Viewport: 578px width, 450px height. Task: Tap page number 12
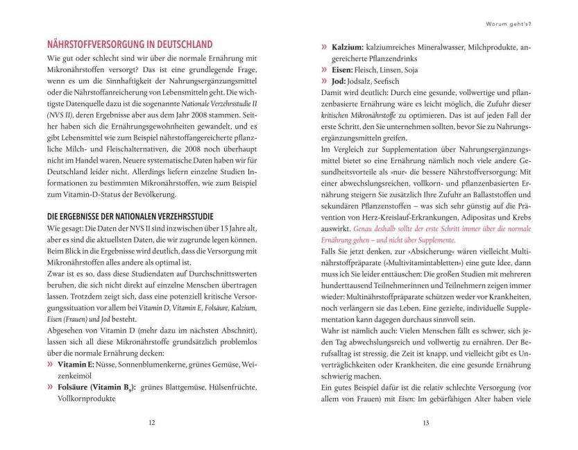[152, 421]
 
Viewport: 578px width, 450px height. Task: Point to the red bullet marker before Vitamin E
[51, 363]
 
